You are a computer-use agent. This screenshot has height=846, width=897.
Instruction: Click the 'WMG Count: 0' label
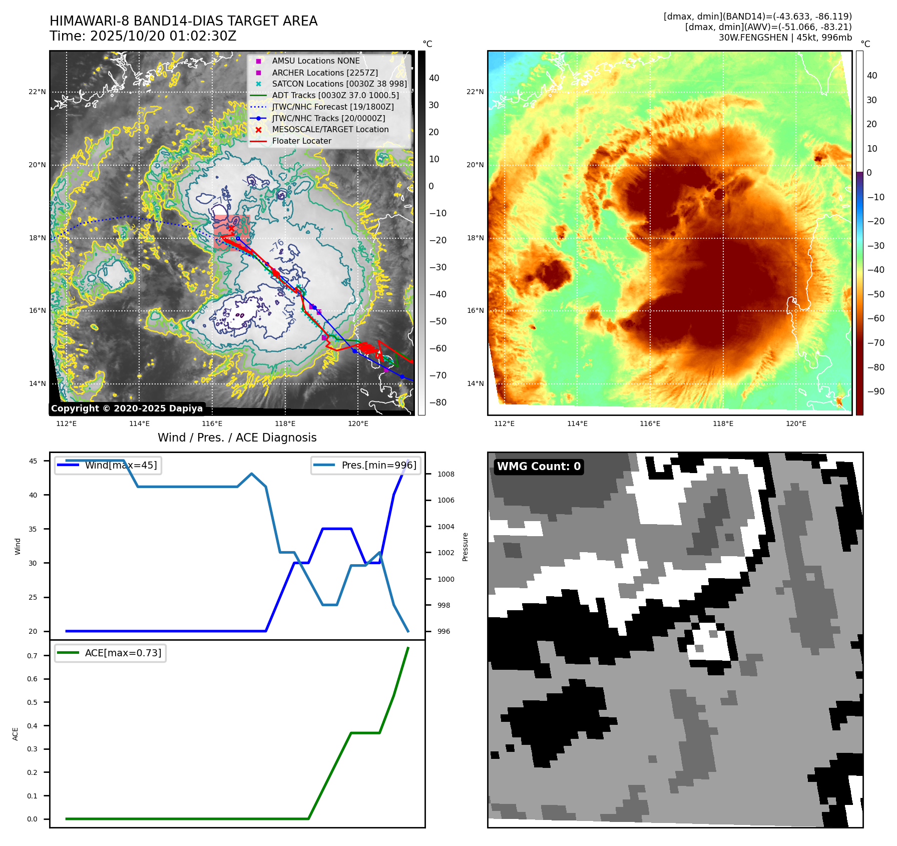(539, 467)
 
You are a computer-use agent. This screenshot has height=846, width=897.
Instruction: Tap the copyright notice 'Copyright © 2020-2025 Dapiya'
(127, 408)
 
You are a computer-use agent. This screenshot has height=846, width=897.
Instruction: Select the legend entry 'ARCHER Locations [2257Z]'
(325, 73)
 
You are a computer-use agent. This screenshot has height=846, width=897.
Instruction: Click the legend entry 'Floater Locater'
(301, 141)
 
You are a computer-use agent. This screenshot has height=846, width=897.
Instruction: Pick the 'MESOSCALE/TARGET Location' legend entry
(330, 130)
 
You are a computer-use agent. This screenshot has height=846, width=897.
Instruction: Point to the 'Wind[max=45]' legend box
(108, 466)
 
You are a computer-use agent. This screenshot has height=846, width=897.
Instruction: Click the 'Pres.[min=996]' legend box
(365, 466)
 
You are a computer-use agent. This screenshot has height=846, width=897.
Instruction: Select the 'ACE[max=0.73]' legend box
(111, 653)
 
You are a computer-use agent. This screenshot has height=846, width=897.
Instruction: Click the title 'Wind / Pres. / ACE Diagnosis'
(237, 438)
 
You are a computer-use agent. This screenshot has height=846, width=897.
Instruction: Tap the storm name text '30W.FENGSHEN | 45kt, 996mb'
(785, 38)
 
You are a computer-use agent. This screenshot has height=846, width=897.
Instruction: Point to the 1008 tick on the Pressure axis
(445, 474)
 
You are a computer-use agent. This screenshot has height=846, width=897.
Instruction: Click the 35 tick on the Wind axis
(33, 529)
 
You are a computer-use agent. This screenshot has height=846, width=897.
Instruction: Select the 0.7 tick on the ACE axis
(32, 656)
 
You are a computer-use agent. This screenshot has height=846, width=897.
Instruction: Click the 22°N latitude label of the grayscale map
(37, 92)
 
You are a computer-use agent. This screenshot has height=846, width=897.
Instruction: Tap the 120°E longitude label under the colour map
(796, 424)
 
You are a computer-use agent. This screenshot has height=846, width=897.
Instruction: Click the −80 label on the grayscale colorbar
(437, 402)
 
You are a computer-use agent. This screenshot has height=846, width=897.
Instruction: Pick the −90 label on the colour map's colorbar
(875, 391)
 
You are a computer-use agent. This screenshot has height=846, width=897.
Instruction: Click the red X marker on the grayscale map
(231, 229)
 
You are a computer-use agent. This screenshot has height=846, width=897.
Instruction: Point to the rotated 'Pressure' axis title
(466, 547)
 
